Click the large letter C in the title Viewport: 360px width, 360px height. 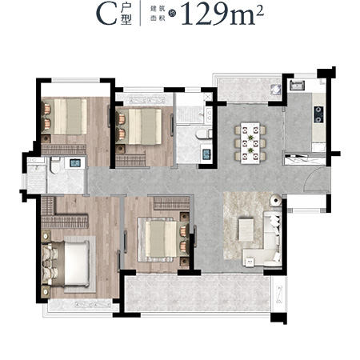coord(106,14)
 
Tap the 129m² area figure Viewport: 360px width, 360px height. coord(222,14)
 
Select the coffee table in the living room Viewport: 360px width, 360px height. coord(246,230)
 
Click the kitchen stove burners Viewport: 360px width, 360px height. coord(319,114)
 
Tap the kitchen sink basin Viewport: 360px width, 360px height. coord(298,85)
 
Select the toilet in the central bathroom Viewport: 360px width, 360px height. coord(203,134)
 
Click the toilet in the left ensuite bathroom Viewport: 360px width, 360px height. coord(55,166)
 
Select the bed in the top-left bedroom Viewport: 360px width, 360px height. coord(64,116)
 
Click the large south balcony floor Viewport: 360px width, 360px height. coord(198,294)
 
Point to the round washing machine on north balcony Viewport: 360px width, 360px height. coord(275,90)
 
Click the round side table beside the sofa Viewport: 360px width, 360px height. coord(275,201)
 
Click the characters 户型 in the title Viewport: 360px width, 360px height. coord(126,15)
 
